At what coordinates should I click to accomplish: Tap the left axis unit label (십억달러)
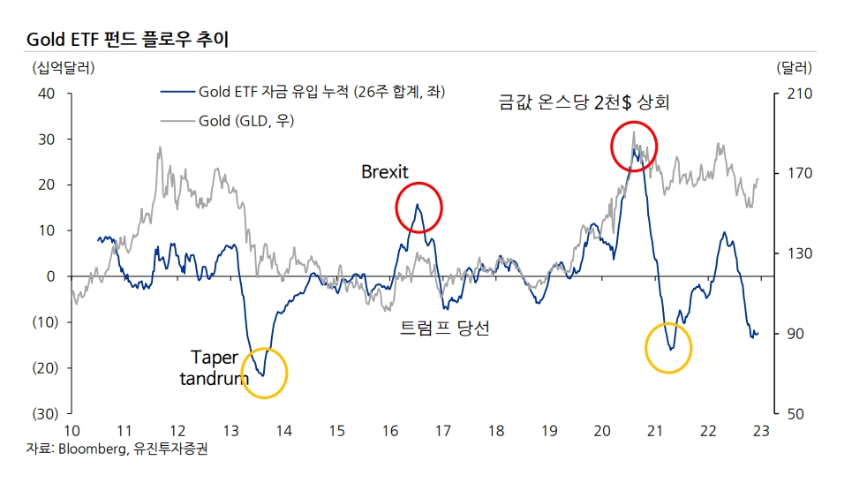[x=63, y=67]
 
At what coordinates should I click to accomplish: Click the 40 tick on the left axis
[x=46, y=94]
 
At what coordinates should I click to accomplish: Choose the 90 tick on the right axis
[x=789, y=334]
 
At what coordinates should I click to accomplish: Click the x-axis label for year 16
[x=389, y=430]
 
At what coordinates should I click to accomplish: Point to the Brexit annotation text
[x=385, y=172]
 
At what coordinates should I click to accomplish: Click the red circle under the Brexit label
[x=418, y=208]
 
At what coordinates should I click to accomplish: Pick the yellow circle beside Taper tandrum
[x=263, y=373]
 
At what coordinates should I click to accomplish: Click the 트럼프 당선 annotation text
[x=444, y=328]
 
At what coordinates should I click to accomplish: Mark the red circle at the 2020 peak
[x=634, y=147]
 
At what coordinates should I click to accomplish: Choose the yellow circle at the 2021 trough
[x=668, y=348]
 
